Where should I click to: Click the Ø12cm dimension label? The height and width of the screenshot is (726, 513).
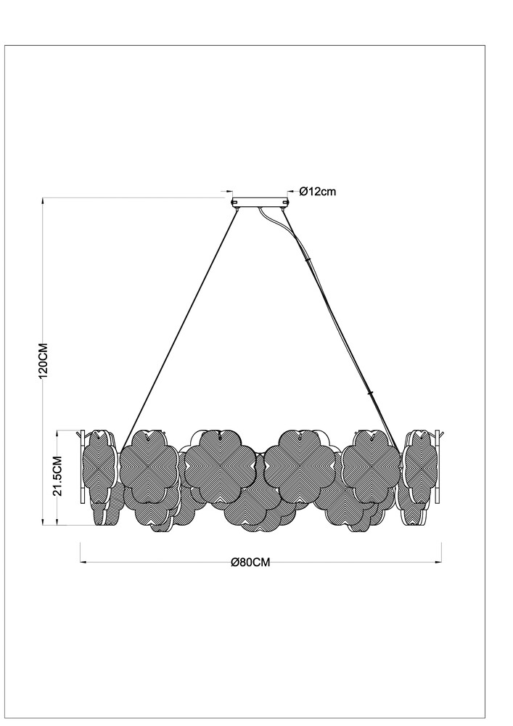(318, 191)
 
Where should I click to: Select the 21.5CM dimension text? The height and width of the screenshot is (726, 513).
(57, 476)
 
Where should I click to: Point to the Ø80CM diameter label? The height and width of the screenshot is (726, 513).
(250, 562)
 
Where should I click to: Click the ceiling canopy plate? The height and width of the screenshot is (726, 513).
(260, 203)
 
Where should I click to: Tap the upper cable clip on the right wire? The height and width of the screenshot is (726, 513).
(307, 260)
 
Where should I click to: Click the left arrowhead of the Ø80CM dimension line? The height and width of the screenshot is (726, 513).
(83, 563)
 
